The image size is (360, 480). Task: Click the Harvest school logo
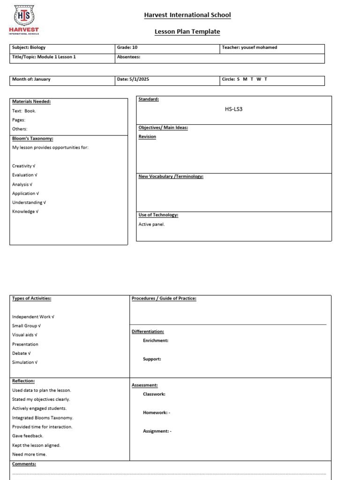[24, 19]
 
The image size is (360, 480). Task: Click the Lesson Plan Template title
[187, 31]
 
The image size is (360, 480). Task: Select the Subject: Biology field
[29, 47]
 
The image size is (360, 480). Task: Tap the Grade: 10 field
[127, 47]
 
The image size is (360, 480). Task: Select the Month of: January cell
[31, 79]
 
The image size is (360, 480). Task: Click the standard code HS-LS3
[234, 109]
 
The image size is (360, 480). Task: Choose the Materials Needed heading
[31, 101]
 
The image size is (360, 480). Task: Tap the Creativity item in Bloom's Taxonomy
[24, 166]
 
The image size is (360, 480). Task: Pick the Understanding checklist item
[29, 202]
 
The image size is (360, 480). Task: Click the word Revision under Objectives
[147, 136]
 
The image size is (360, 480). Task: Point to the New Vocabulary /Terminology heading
[171, 176]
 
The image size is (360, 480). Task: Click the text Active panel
[152, 224]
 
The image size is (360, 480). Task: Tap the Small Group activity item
[26, 326]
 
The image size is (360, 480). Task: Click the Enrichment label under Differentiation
[156, 340]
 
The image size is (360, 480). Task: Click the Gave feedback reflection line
[28, 436]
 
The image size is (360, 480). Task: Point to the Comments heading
[24, 464]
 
